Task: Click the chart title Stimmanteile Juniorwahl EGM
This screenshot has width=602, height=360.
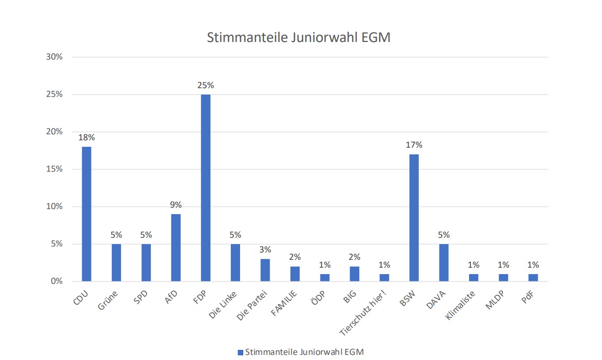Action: click(x=299, y=37)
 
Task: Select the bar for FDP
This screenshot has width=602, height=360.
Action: click(x=205, y=188)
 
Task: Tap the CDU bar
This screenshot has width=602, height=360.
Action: click(x=86, y=214)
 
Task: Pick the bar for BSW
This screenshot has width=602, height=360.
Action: click(x=414, y=217)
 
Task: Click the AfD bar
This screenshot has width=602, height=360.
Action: click(x=176, y=247)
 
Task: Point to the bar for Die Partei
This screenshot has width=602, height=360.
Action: click(x=265, y=270)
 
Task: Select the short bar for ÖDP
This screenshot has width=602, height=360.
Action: click(x=325, y=277)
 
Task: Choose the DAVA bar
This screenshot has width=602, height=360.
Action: click(x=444, y=263)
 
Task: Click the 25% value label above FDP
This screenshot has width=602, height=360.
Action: click(x=205, y=85)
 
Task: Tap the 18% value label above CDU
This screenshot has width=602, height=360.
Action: click(x=86, y=138)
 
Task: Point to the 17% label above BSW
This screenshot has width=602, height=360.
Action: click(x=414, y=145)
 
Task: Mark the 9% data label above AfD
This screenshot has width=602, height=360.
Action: click(x=176, y=205)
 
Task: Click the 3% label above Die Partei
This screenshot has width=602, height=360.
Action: click(x=265, y=250)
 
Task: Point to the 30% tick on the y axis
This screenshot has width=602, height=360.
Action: click(x=54, y=57)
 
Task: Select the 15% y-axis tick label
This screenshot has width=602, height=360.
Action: click(x=54, y=169)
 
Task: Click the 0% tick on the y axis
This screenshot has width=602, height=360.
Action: click(x=57, y=281)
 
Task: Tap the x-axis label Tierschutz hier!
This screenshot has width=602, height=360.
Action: click(x=363, y=313)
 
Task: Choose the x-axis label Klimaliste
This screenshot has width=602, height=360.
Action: click(x=460, y=305)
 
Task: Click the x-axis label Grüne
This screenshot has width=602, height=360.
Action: click(x=108, y=300)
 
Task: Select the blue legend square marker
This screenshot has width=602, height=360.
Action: click(x=241, y=352)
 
